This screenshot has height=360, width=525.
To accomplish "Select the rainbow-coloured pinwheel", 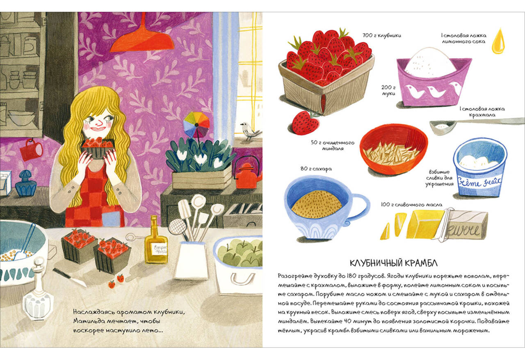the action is (x=196, y=124).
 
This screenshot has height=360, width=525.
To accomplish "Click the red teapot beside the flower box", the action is (x=247, y=174).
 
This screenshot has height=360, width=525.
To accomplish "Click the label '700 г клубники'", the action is (x=382, y=35).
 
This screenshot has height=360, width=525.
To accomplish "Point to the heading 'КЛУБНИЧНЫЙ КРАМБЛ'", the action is (x=394, y=263).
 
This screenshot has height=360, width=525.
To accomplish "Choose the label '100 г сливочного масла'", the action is (x=411, y=204).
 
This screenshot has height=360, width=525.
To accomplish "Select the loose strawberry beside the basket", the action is (x=306, y=122).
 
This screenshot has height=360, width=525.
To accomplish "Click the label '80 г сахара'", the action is (x=316, y=169).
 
